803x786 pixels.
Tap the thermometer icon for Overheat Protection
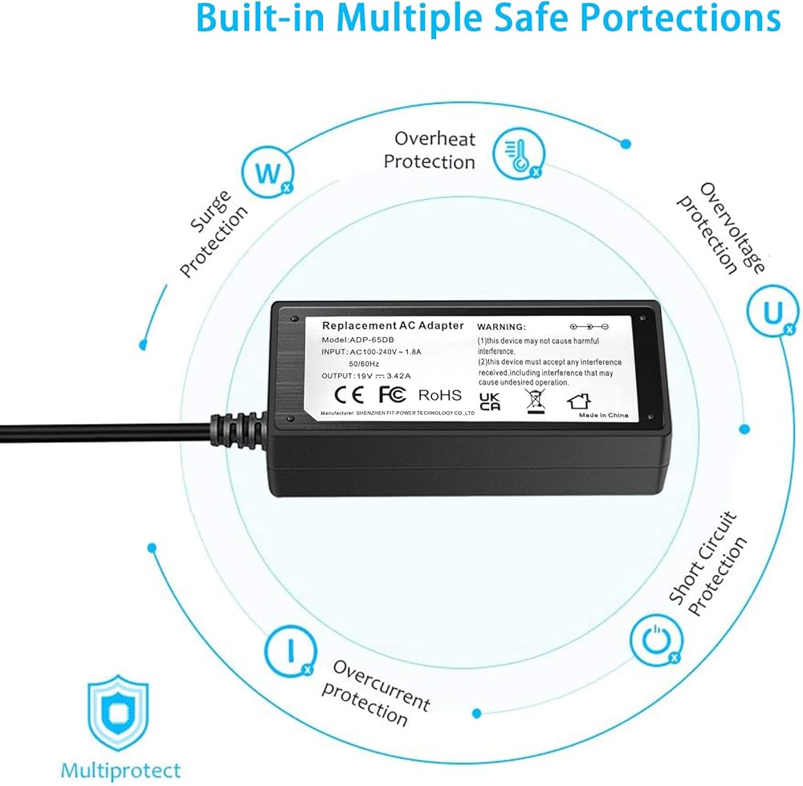point(519,153)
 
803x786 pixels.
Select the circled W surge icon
point(268,173)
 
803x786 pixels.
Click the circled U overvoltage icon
point(772,311)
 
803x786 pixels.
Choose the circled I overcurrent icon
point(291,651)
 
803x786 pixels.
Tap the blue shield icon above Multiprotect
point(118,713)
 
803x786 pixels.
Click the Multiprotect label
point(121,771)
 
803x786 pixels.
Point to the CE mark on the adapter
point(349,394)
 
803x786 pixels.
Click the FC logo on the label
point(393,394)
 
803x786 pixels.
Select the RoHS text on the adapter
point(439,395)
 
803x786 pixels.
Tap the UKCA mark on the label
point(490,401)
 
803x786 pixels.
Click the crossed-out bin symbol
point(536,401)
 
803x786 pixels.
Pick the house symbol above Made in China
point(579,401)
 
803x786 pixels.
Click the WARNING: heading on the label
point(501,327)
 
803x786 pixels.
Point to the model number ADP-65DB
point(372,340)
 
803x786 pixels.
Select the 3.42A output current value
point(398,376)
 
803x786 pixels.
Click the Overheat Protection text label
point(430,150)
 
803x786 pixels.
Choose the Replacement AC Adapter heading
point(393,326)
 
